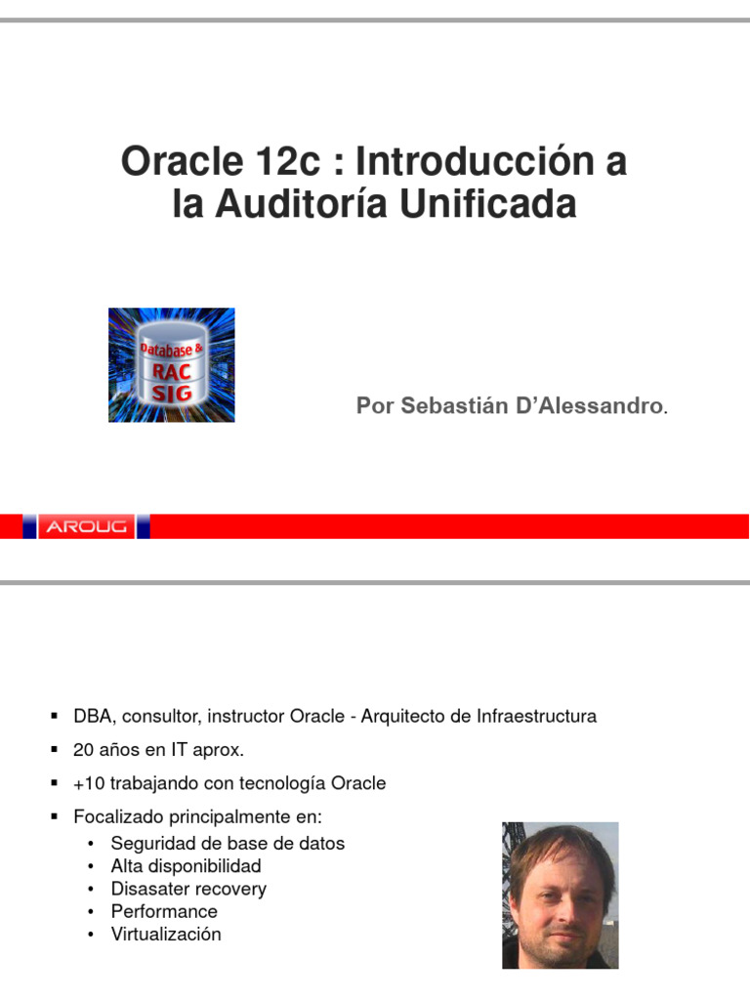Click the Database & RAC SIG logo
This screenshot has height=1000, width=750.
tap(171, 365)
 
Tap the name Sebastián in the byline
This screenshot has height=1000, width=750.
tap(440, 406)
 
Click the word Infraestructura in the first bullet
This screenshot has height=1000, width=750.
tap(535, 717)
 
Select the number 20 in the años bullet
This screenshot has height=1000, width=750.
tap(83, 750)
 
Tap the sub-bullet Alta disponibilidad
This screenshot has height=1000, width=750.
tap(186, 866)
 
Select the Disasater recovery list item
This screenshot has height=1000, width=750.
tap(188, 889)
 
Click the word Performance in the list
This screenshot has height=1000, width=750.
tap(164, 911)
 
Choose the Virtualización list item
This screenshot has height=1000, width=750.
tap(166, 934)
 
